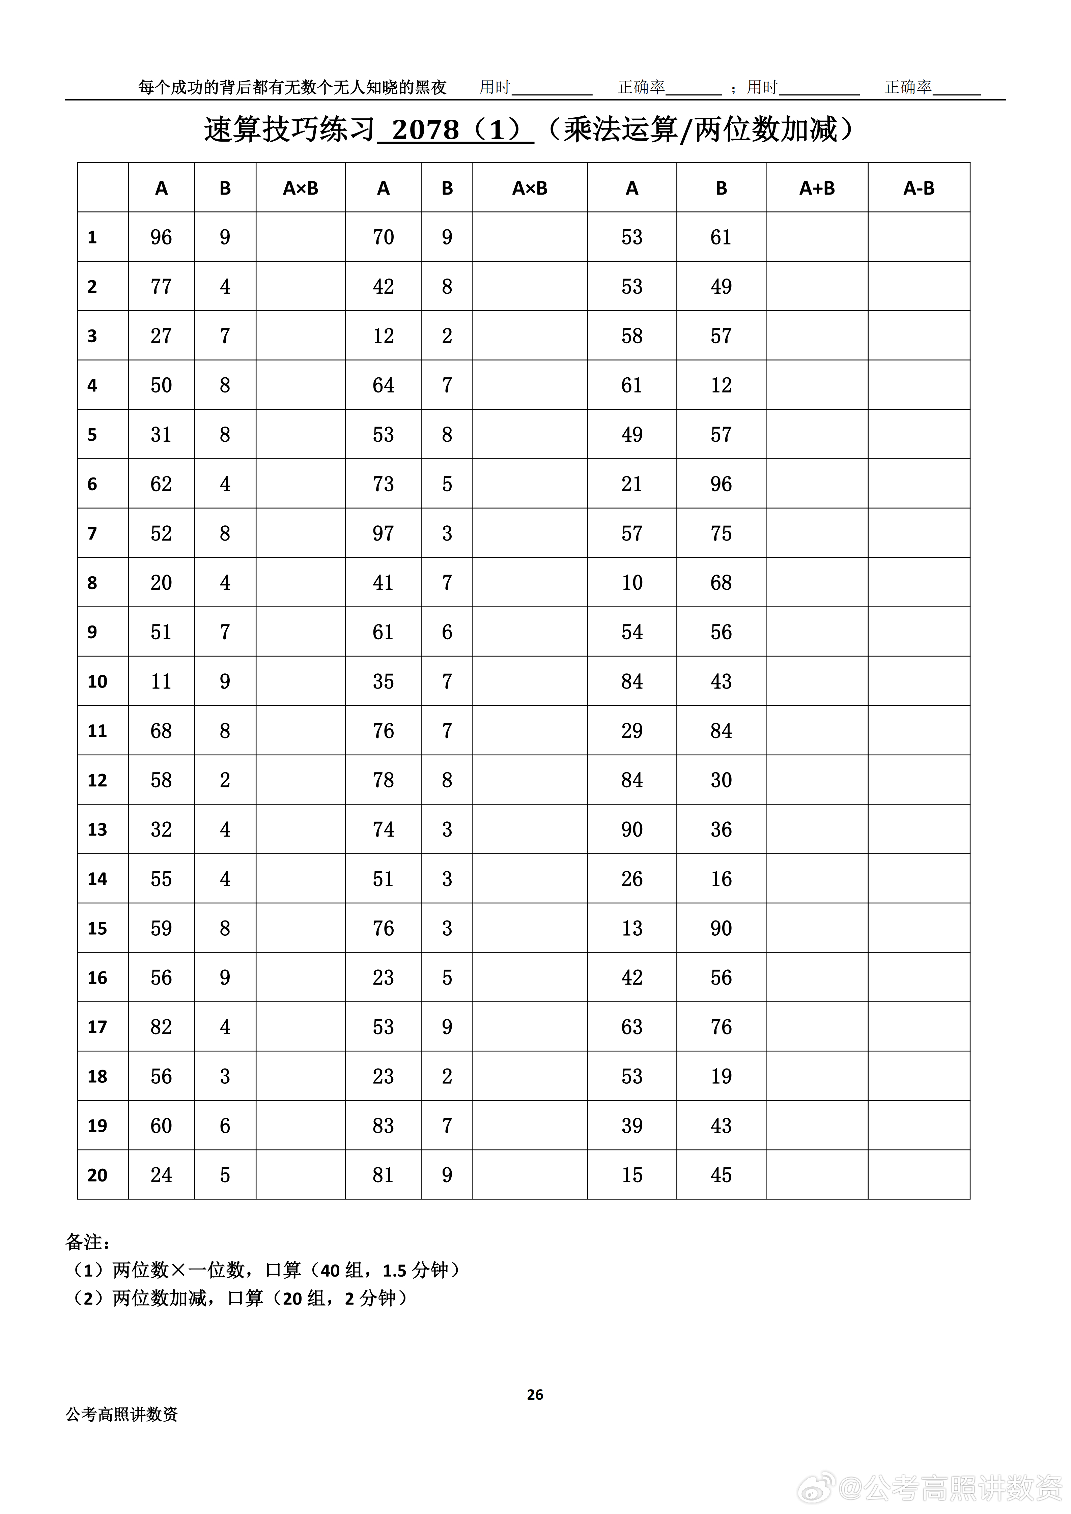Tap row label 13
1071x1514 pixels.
[97, 829]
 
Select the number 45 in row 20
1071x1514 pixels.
[721, 1175]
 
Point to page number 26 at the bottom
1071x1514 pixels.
[535, 1395]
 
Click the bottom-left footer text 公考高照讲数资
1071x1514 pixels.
[122, 1415]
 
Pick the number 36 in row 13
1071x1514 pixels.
[721, 829]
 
